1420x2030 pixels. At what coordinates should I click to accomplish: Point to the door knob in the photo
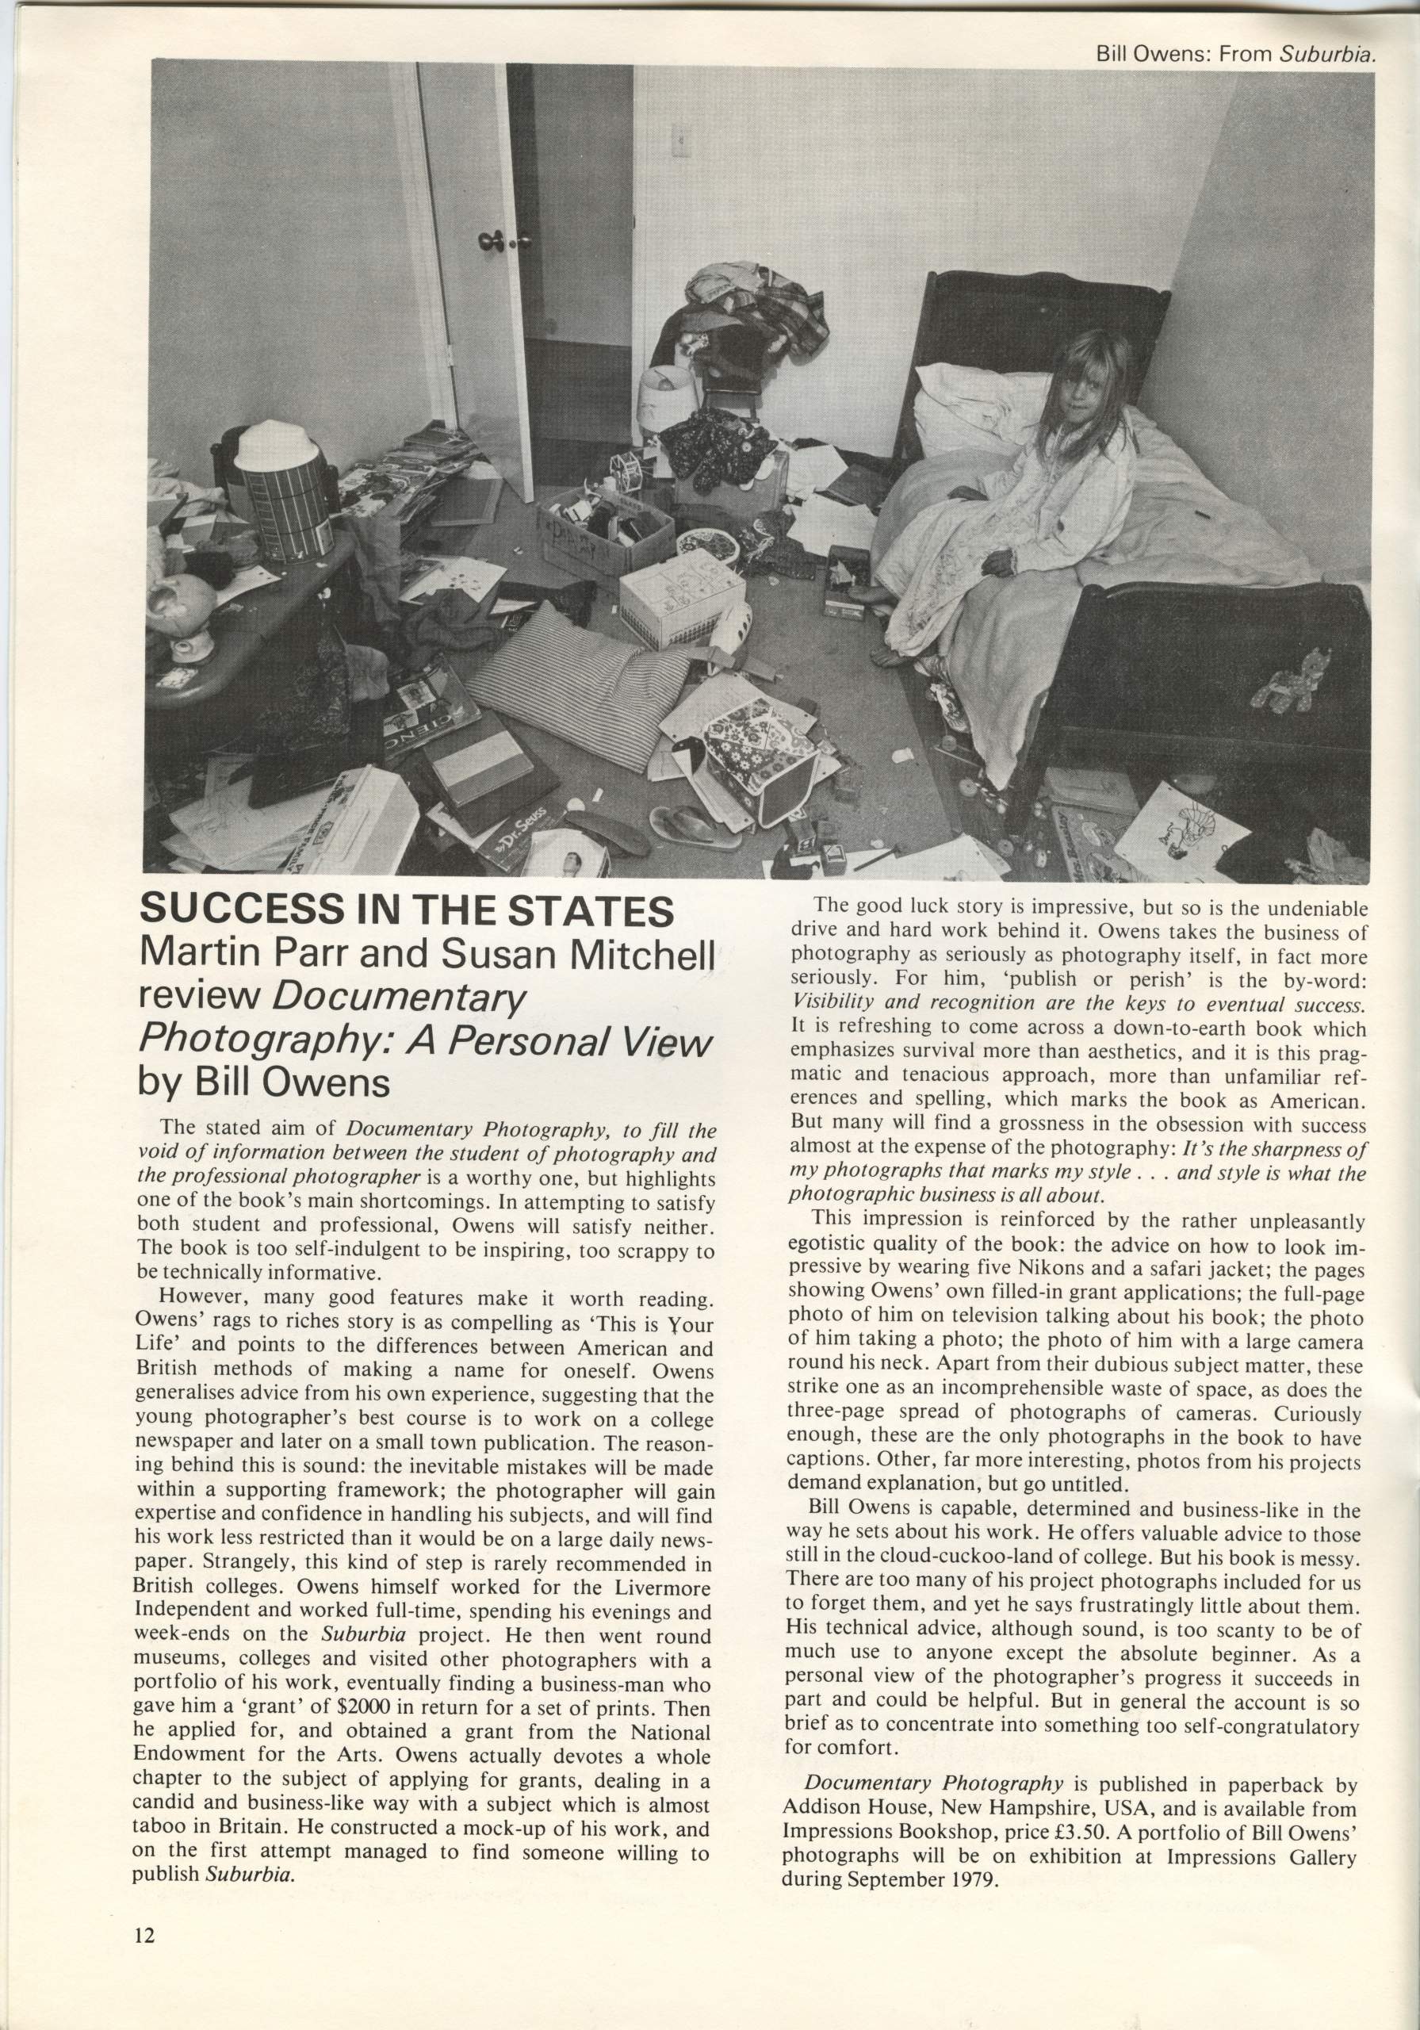coord(491,239)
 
